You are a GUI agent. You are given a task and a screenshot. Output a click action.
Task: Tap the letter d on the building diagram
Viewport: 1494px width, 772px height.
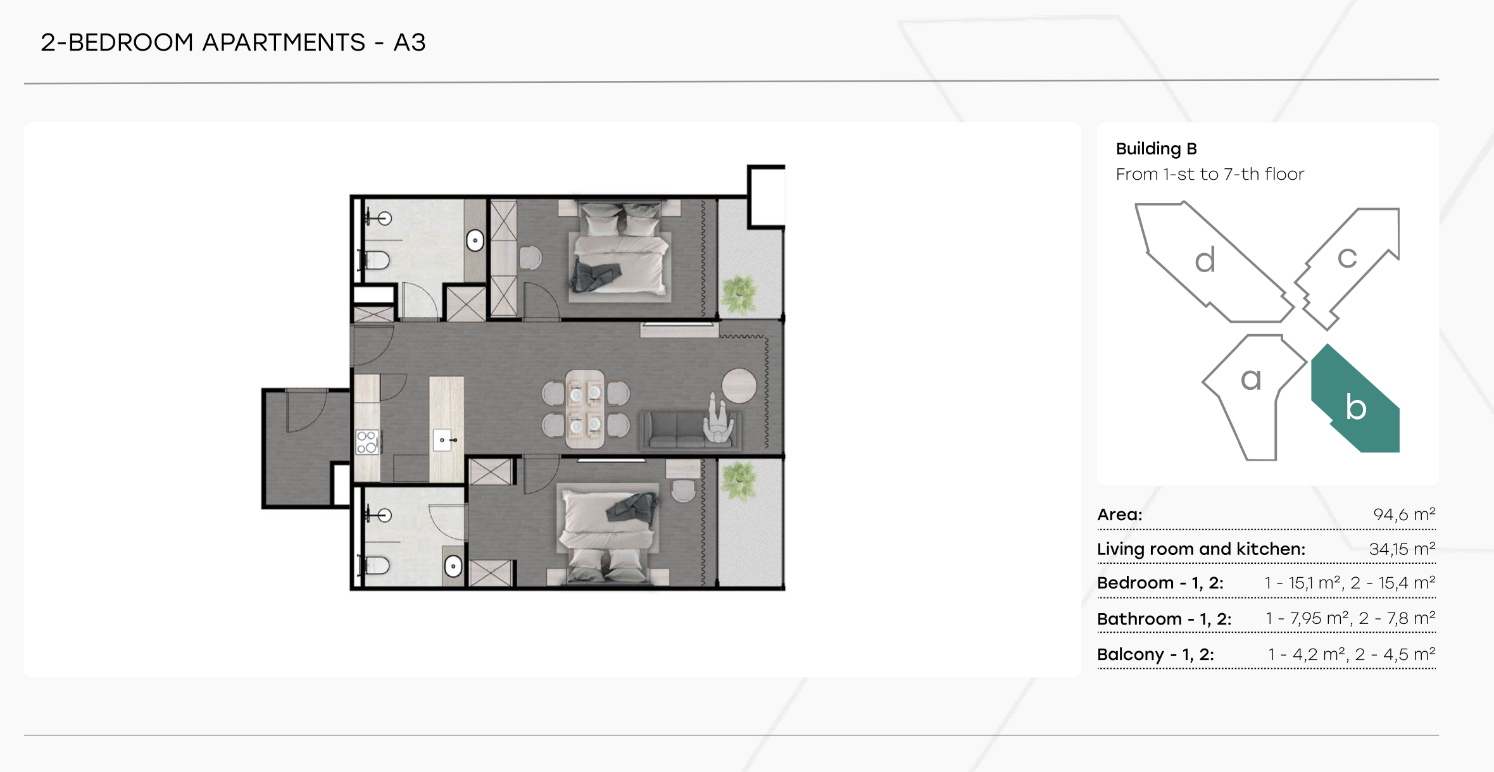pos(1205,260)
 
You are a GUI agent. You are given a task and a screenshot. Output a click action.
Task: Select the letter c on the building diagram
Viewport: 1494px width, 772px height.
pos(1347,258)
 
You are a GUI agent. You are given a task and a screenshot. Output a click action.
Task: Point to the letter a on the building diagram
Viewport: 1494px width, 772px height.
pos(1251,379)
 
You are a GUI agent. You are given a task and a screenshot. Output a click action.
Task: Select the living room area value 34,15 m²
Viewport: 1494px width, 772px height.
pos(1402,549)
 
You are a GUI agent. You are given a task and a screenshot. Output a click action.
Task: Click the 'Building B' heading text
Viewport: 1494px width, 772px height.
pos(1156,149)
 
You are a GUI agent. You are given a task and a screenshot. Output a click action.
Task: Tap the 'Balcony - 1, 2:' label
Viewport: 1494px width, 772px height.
pos(1155,654)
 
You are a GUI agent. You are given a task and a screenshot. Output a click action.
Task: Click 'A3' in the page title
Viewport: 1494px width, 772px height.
pos(410,42)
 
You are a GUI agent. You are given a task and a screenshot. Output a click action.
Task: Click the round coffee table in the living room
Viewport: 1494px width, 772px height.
pos(739,385)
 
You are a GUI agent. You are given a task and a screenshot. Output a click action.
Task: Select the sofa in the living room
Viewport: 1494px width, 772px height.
pos(691,429)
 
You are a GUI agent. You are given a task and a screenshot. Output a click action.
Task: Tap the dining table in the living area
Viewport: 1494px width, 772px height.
pos(586,409)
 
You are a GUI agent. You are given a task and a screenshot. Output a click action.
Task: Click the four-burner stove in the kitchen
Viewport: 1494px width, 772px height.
pos(367,442)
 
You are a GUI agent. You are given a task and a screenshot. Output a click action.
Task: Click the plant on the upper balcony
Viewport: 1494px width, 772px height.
pos(739,295)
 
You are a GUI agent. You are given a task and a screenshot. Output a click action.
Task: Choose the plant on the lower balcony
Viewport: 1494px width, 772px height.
pos(738,480)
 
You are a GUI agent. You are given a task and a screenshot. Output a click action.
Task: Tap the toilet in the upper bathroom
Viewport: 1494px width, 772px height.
pos(376,259)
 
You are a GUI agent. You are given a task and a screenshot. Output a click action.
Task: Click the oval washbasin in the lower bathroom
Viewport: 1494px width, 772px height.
pos(453,566)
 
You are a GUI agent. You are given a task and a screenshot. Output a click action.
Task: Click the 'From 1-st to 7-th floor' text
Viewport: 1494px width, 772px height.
pos(1210,174)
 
